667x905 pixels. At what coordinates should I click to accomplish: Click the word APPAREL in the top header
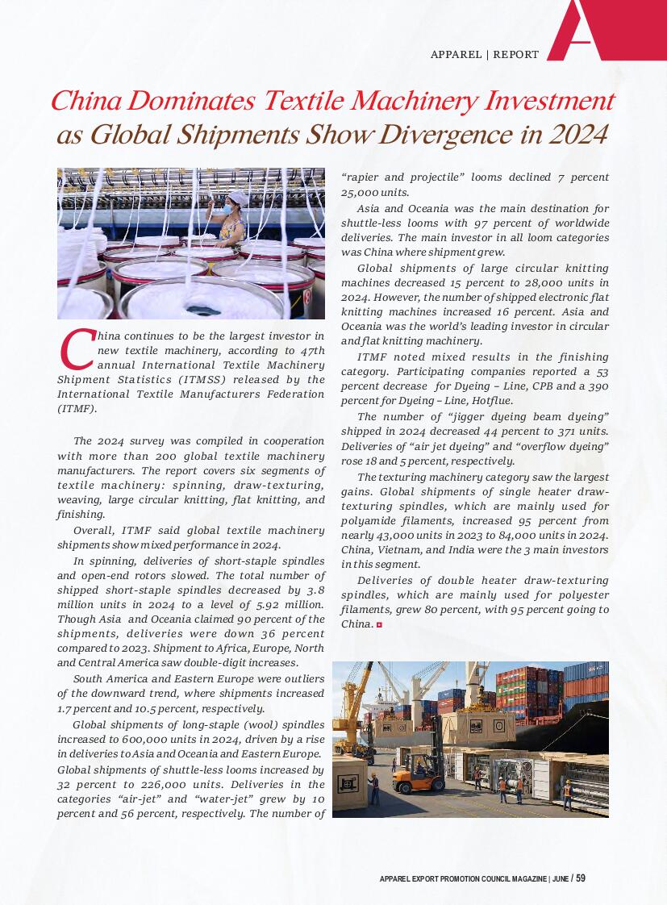coord(456,55)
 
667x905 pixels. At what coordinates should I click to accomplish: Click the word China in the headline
coord(85,102)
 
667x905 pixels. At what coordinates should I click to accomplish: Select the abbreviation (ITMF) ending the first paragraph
coord(77,409)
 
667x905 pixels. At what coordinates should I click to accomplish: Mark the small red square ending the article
coord(379,625)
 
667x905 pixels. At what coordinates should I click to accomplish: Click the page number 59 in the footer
coord(581,878)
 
